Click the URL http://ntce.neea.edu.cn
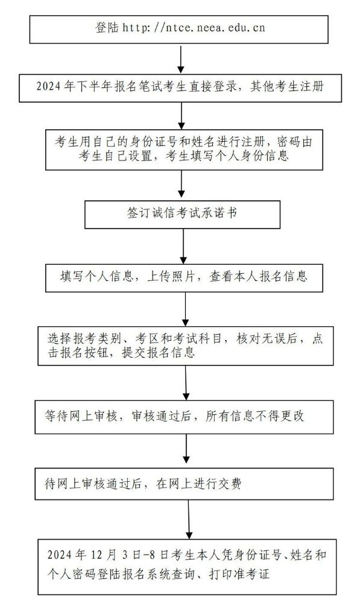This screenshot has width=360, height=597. tap(194, 28)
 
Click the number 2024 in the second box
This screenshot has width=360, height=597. tap(48, 86)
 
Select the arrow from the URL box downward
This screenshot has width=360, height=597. tap(181, 58)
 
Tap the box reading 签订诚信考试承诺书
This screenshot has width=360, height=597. tap(182, 214)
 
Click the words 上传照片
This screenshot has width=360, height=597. tap(172, 276)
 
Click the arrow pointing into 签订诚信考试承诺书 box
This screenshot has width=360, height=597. tap(182, 183)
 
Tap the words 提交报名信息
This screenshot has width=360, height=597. tap(159, 353)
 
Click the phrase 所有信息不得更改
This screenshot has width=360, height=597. tap(255, 416)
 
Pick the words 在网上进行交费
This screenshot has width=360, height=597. tap(198, 484)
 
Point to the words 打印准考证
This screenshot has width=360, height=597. tap(239, 574)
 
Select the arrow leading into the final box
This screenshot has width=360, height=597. tap(189, 519)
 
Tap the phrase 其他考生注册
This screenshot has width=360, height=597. tap(287, 86)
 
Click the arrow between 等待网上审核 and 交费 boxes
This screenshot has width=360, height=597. tap(186, 451)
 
